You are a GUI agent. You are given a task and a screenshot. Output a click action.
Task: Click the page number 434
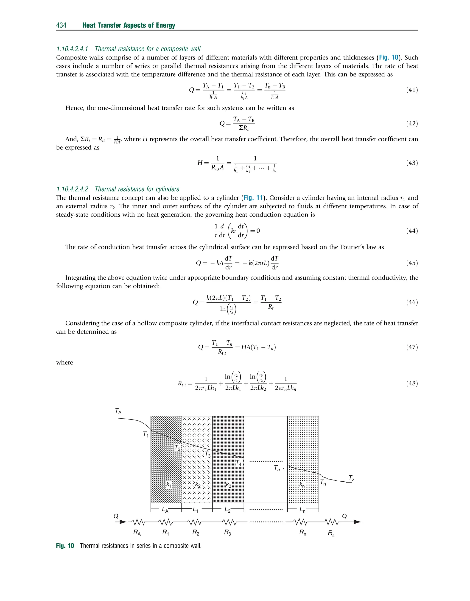click(61, 25)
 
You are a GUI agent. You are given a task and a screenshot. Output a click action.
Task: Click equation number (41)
click(412, 90)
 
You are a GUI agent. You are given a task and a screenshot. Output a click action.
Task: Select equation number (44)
click(412, 231)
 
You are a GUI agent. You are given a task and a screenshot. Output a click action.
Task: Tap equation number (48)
click(412, 383)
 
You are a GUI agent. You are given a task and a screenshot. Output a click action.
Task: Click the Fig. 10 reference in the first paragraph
click(389, 58)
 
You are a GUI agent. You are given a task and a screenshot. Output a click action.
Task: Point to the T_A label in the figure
click(118, 411)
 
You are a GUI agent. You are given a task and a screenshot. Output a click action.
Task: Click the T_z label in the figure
click(351, 478)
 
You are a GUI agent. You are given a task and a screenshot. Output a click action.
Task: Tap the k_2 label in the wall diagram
click(198, 485)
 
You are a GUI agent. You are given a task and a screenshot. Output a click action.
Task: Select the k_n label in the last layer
click(302, 485)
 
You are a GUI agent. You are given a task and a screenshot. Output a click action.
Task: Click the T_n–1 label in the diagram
click(279, 468)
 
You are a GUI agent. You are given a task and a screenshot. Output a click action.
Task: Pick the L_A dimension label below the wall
click(165, 510)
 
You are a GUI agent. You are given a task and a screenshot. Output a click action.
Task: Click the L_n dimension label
click(302, 510)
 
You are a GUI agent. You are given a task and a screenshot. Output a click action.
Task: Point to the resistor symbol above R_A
click(137, 522)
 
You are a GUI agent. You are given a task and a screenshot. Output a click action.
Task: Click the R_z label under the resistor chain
click(331, 533)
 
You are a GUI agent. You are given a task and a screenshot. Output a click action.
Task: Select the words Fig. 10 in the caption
click(65, 546)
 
